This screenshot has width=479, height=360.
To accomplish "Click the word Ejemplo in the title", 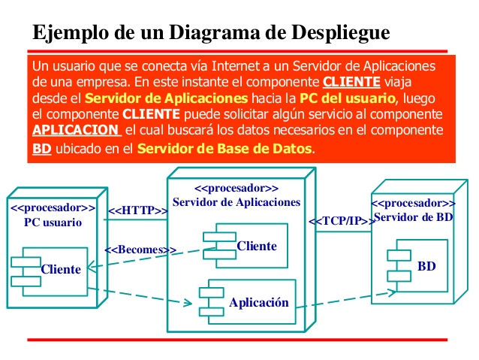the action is (69, 32).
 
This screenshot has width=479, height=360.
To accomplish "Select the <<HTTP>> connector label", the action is (137, 210).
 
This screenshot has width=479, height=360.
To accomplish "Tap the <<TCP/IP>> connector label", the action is (342, 221).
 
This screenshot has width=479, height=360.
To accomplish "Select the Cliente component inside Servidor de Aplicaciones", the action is (245, 245).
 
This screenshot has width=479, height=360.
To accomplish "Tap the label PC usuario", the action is (53, 222).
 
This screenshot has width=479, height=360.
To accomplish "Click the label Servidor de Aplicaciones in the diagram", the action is (236, 201).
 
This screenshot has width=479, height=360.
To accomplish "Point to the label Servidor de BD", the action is (414, 216).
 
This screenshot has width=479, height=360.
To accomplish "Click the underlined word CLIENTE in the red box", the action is (351, 82).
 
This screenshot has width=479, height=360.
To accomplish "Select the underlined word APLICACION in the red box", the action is (75, 131).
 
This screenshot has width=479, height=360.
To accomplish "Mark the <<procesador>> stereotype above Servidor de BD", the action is (414, 203).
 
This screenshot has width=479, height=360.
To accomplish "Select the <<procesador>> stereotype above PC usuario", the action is (53, 208).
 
